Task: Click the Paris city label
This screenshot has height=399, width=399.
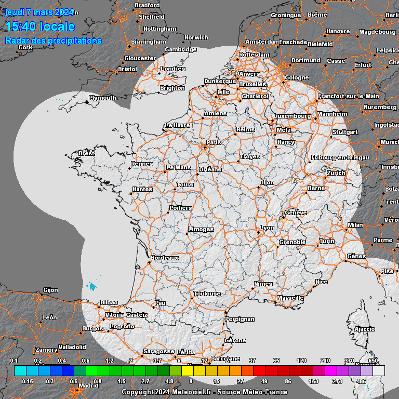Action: point(214,142)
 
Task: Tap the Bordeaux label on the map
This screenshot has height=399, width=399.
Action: point(165,258)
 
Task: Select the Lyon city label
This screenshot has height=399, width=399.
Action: point(267,228)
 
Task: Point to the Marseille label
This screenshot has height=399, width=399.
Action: point(290,298)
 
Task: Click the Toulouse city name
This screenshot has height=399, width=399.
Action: point(207,294)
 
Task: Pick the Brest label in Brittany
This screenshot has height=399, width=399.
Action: point(86,153)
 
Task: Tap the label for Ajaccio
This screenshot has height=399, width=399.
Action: point(364,329)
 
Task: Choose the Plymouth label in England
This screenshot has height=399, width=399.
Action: point(102,98)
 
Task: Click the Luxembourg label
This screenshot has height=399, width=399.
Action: point(292,116)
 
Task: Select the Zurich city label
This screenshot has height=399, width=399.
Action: point(336,173)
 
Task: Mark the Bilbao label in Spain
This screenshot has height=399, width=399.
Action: point(109,302)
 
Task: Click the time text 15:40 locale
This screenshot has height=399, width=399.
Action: point(40,26)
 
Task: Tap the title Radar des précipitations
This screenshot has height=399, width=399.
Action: point(53,41)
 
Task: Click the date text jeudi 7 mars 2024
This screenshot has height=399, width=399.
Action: point(39,12)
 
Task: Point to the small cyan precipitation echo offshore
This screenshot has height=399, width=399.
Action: point(92,286)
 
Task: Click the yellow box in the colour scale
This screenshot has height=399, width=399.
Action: point(188,370)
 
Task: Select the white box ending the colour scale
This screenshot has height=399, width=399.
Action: point(379,370)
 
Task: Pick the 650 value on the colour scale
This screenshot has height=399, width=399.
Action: point(373,361)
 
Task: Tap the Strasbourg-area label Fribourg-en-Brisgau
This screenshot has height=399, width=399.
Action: point(340,157)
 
